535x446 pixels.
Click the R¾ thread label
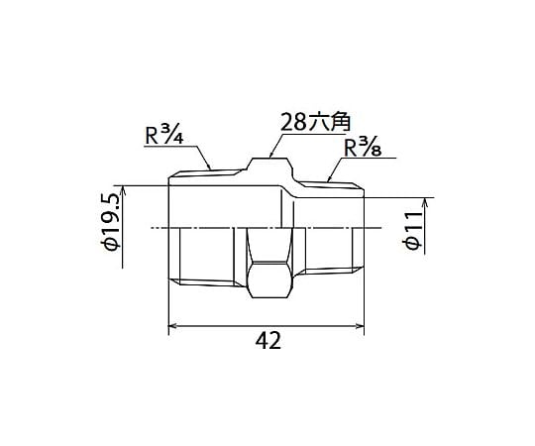tap(164, 136)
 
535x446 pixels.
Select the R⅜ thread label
tap(363, 148)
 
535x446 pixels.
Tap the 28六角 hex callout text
tap(315, 123)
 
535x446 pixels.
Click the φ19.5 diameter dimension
tap(112, 222)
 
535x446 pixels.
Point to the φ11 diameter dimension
tap(412, 230)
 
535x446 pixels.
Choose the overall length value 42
tap(268, 341)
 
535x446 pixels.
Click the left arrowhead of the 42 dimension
tap(173, 326)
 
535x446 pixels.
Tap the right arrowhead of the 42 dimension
tap(360, 326)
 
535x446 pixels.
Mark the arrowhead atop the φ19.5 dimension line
tap(123, 190)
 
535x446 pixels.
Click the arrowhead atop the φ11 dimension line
tap(425, 202)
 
